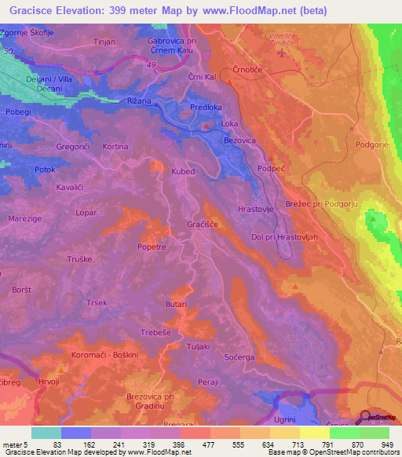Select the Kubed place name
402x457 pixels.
pos(182,170)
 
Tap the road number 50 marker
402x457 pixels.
pos(7,50)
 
